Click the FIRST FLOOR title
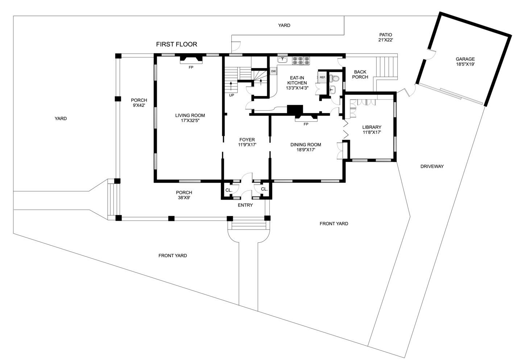pyautogui.click(x=177, y=44)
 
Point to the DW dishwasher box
pyautogui.click(x=273, y=71)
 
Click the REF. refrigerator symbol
pyautogui.click(x=322, y=77)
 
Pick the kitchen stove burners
pyautogui.click(x=301, y=60)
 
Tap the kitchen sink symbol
pyautogui.click(x=282, y=60)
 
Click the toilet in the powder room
pyautogui.click(x=334, y=78)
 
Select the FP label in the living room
pyautogui.click(x=191, y=67)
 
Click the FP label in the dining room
pyautogui.click(x=306, y=124)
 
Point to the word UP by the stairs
pyautogui.click(x=231, y=95)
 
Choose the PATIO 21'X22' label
pyautogui.click(x=385, y=37)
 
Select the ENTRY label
pyautogui.click(x=245, y=205)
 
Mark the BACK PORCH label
pyautogui.click(x=360, y=75)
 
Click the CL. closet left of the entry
pyautogui.click(x=229, y=190)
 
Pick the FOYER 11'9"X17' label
pyautogui.click(x=247, y=142)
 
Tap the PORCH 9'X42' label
pyautogui.click(x=139, y=103)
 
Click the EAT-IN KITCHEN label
pyautogui.click(x=297, y=83)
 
